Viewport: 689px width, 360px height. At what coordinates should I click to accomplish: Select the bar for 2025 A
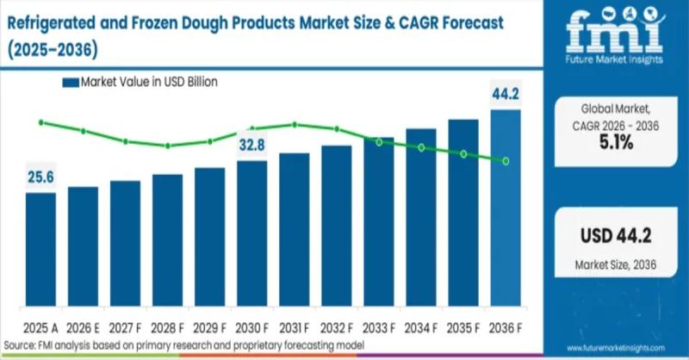(40, 250)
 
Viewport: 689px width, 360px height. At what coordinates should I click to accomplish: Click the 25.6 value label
(40, 177)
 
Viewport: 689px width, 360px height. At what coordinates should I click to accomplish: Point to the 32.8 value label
(252, 146)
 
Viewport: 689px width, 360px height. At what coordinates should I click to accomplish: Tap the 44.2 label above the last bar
(506, 93)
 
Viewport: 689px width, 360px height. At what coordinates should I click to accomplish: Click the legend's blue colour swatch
(69, 83)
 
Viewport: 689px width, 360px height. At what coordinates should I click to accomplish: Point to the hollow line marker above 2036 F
(506, 161)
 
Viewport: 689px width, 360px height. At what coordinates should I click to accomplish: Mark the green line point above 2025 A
(40, 122)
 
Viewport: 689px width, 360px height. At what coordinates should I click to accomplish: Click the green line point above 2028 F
(167, 146)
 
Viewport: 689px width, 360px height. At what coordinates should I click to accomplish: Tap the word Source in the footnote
(20, 344)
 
